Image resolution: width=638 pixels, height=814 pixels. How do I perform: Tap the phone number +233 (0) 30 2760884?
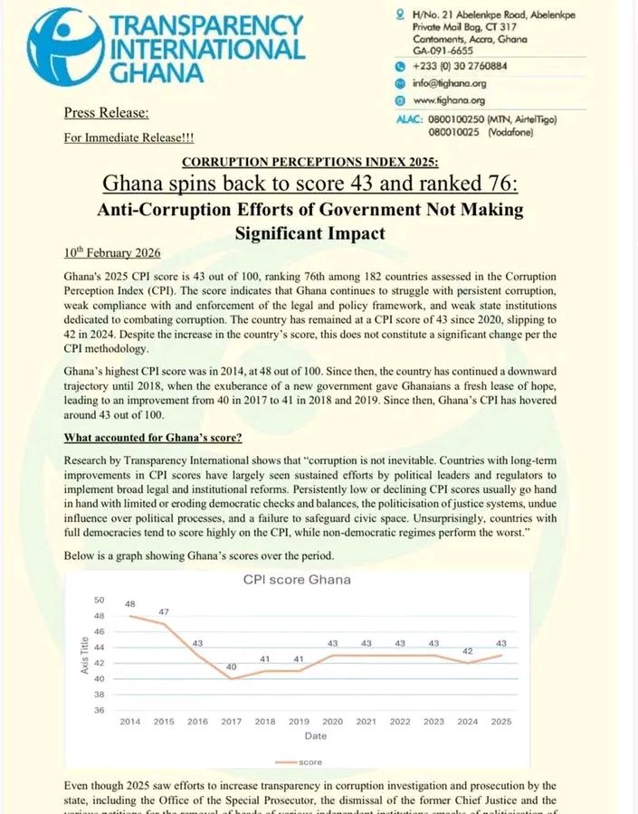point(459,66)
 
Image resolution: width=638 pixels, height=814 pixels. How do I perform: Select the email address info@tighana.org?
point(449,83)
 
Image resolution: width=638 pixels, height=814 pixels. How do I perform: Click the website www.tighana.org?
point(449,100)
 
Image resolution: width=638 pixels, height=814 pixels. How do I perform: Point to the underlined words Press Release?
point(107,113)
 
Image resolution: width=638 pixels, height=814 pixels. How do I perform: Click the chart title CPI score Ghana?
point(297,579)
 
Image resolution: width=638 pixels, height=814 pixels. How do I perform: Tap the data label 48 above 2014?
point(130,603)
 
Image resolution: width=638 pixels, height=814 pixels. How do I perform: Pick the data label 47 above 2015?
point(164,612)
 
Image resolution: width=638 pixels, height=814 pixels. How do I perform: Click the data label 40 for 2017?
point(232,667)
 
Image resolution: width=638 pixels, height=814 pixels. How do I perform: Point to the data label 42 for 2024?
point(467,651)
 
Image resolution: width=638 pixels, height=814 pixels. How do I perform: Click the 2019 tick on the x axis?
point(299,722)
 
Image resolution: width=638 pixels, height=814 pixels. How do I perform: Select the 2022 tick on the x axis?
point(400,722)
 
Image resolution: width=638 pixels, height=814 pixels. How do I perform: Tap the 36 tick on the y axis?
point(100,711)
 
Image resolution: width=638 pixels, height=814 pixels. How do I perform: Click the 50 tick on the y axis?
point(100,600)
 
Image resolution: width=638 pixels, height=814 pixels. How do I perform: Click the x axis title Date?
point(316,736)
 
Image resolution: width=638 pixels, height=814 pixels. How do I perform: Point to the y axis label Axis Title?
point(84,656)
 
